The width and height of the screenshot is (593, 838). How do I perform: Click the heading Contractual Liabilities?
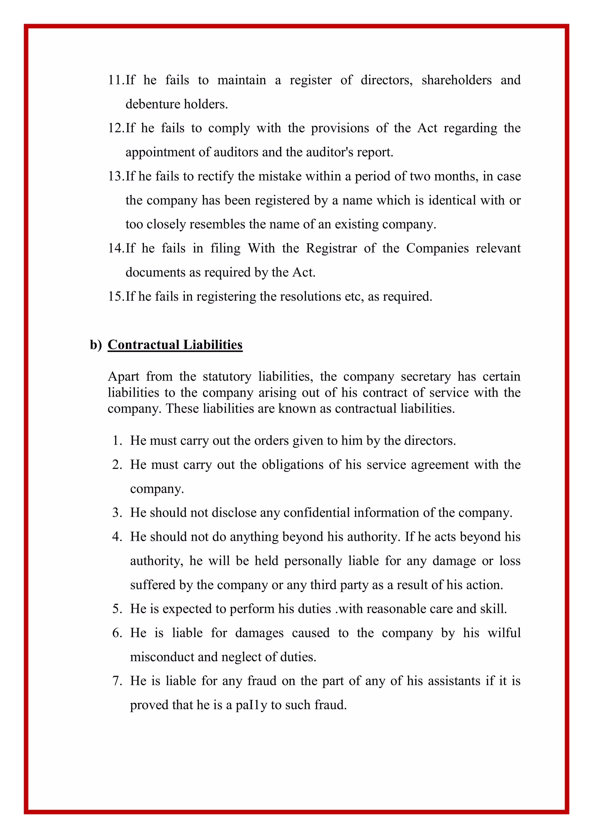pos(175,345)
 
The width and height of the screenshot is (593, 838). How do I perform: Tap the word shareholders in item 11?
pos(456,80)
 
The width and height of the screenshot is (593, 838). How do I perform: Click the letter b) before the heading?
pos(96,345)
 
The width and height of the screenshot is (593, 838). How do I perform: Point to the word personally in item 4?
pos(313,561)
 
